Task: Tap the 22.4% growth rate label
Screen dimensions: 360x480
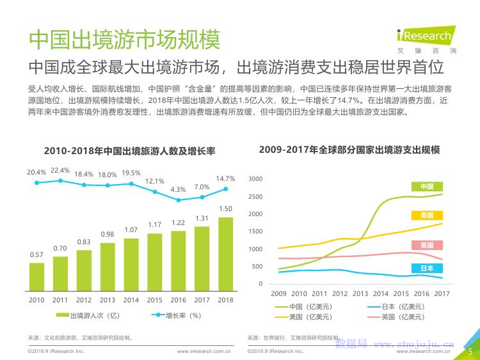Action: point(60,170)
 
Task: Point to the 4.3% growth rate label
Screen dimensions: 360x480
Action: point(178,189)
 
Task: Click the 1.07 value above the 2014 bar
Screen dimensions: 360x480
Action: point(131,230)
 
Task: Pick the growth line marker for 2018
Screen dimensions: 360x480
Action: point(225,189)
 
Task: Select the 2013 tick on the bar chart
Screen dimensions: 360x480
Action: point(108,300)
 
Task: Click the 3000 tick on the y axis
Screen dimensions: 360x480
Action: point(255,179)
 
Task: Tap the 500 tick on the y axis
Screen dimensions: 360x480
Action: point(257,267)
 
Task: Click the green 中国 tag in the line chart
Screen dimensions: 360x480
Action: point(427,186)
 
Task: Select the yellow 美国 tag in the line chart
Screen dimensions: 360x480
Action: point(427,215)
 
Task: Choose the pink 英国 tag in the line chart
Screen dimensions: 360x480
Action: point(427,246)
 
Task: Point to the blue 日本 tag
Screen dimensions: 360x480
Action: point(427,269)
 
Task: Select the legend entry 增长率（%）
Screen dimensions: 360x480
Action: point(178,315)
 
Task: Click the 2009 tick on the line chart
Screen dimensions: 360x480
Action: point(278,293)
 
